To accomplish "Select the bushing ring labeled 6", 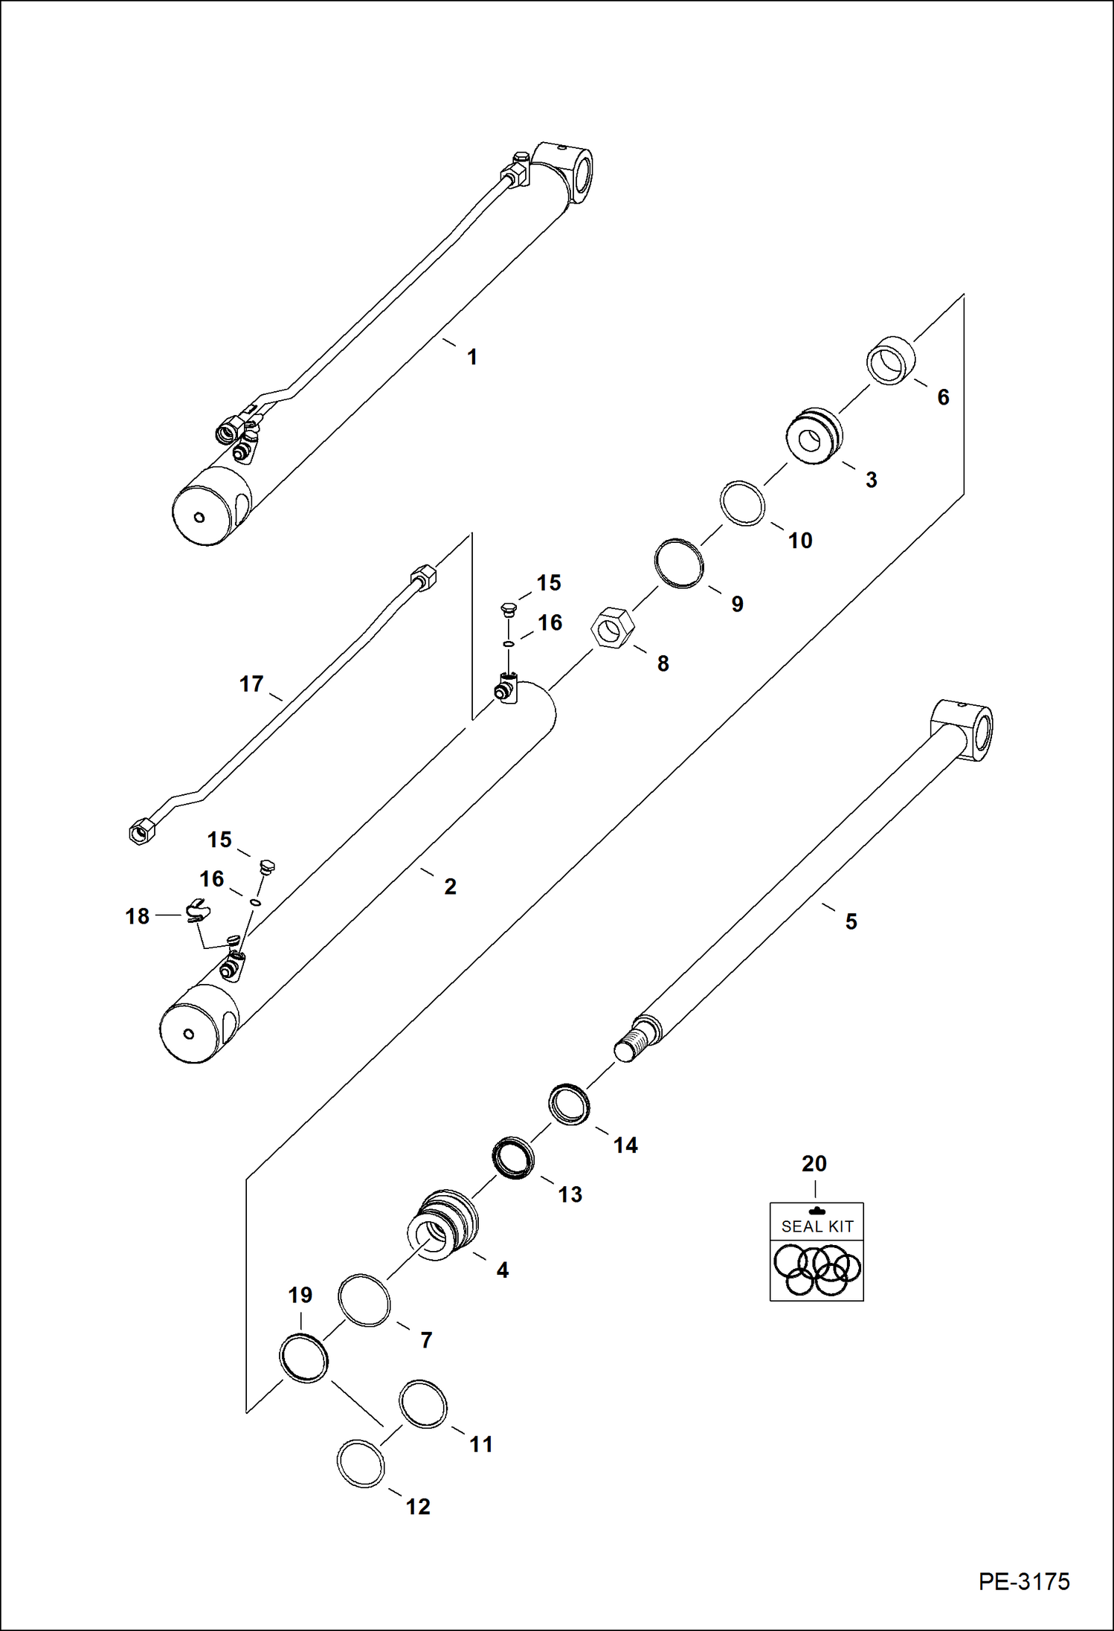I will coord(891,360).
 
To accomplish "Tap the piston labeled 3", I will coord(815,437).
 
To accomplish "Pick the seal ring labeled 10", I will coord(743,504).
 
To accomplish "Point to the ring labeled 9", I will coord(679,563).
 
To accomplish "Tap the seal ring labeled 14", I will coord(570,1104).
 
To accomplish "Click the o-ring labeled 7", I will coord(364,1300).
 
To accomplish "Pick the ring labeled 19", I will coord(304,1357).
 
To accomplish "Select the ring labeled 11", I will coord(423,1404).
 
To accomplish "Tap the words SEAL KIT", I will coord(817,1226).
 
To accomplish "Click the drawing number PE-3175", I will coord(1024,1580).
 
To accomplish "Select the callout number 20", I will coord(814,1163).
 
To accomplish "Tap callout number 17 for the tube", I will coord(251,683).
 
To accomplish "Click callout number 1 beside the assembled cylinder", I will coord(471,357).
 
